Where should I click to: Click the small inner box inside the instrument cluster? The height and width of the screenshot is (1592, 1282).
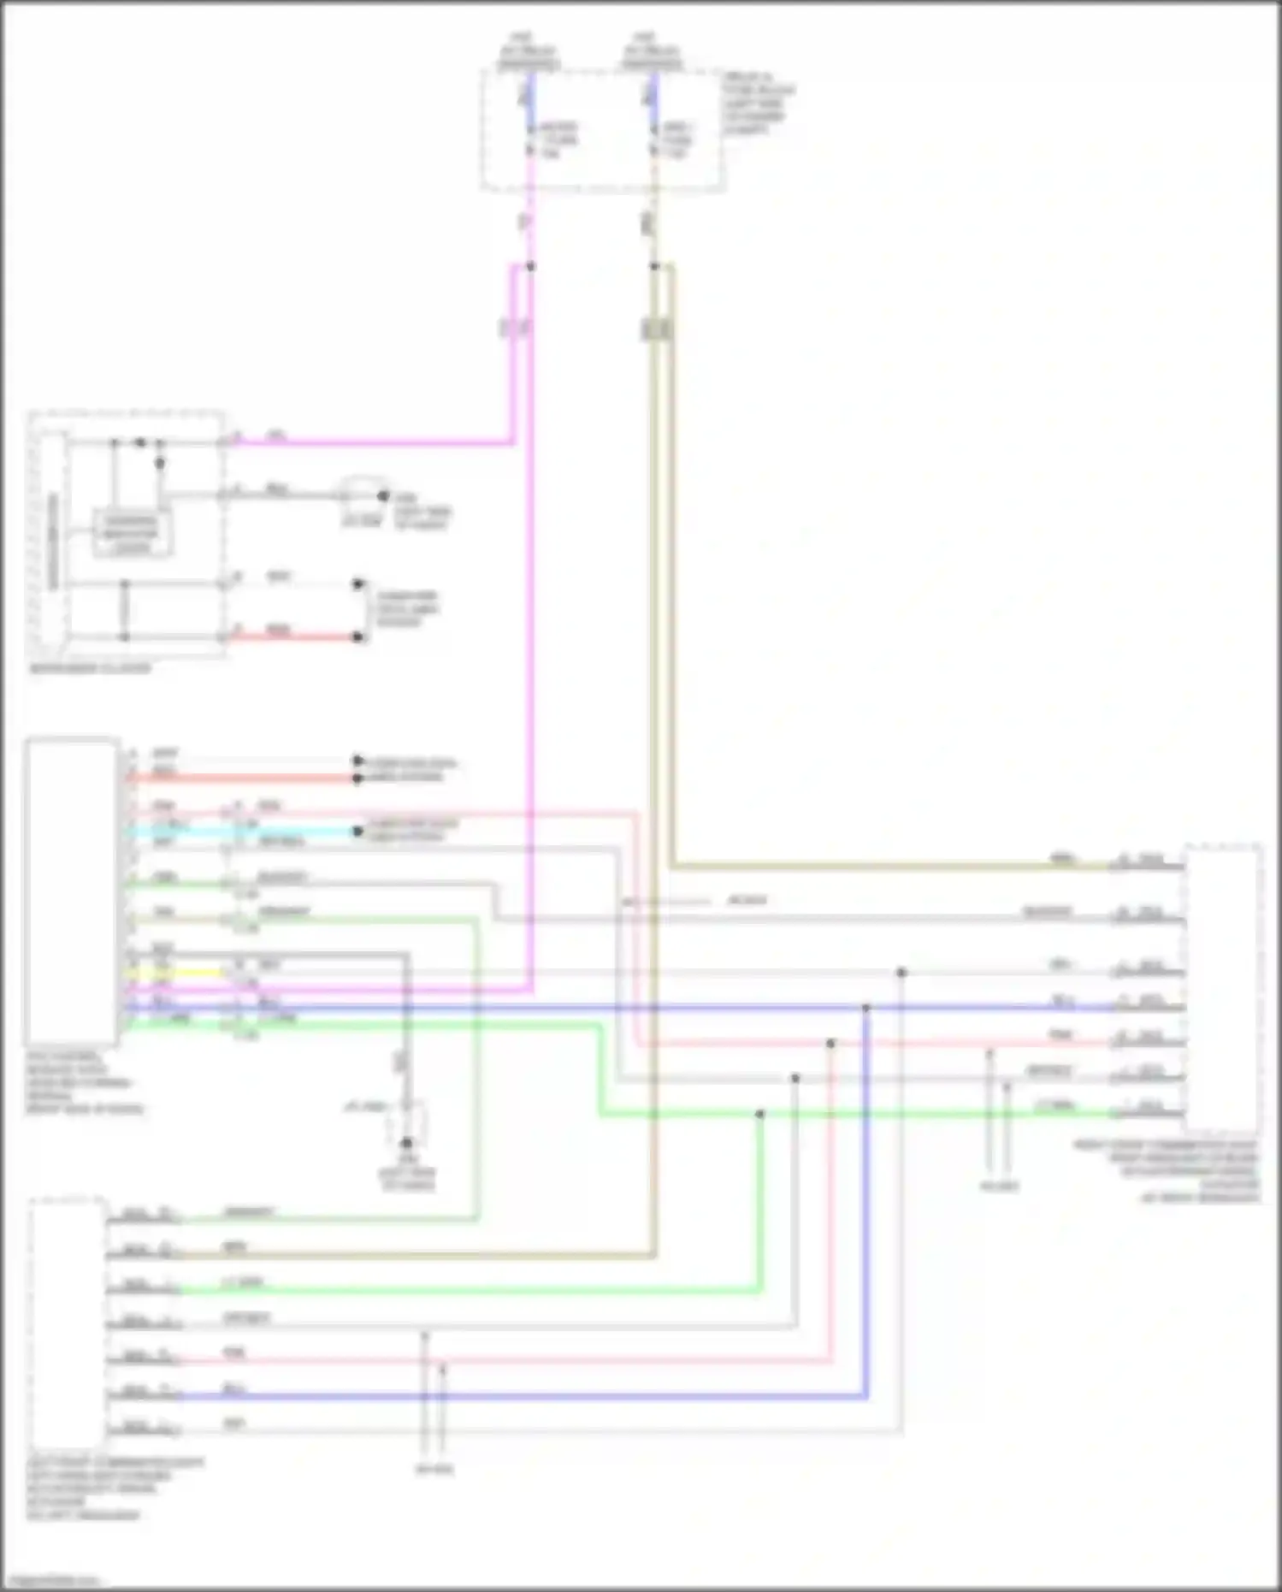pos(132,534)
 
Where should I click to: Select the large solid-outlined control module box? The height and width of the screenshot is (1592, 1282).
pos(73,891)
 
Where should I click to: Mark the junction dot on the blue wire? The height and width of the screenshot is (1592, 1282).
pos(866,1009)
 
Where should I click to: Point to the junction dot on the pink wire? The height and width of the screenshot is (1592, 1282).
pos(830,1044)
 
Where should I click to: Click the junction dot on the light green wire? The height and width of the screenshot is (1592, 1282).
pos(759,1114)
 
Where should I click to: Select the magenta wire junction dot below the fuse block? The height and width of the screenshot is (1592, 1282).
pos(530,266)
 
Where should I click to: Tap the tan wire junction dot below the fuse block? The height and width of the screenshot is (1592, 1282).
pos(654,266)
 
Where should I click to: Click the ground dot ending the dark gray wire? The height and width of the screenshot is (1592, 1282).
pos(407,1143)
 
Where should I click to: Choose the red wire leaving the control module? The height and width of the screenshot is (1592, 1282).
pos(239,778)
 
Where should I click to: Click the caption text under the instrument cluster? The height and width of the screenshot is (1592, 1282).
pos(90,668)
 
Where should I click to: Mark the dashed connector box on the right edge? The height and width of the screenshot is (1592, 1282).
pos(1223,988)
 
